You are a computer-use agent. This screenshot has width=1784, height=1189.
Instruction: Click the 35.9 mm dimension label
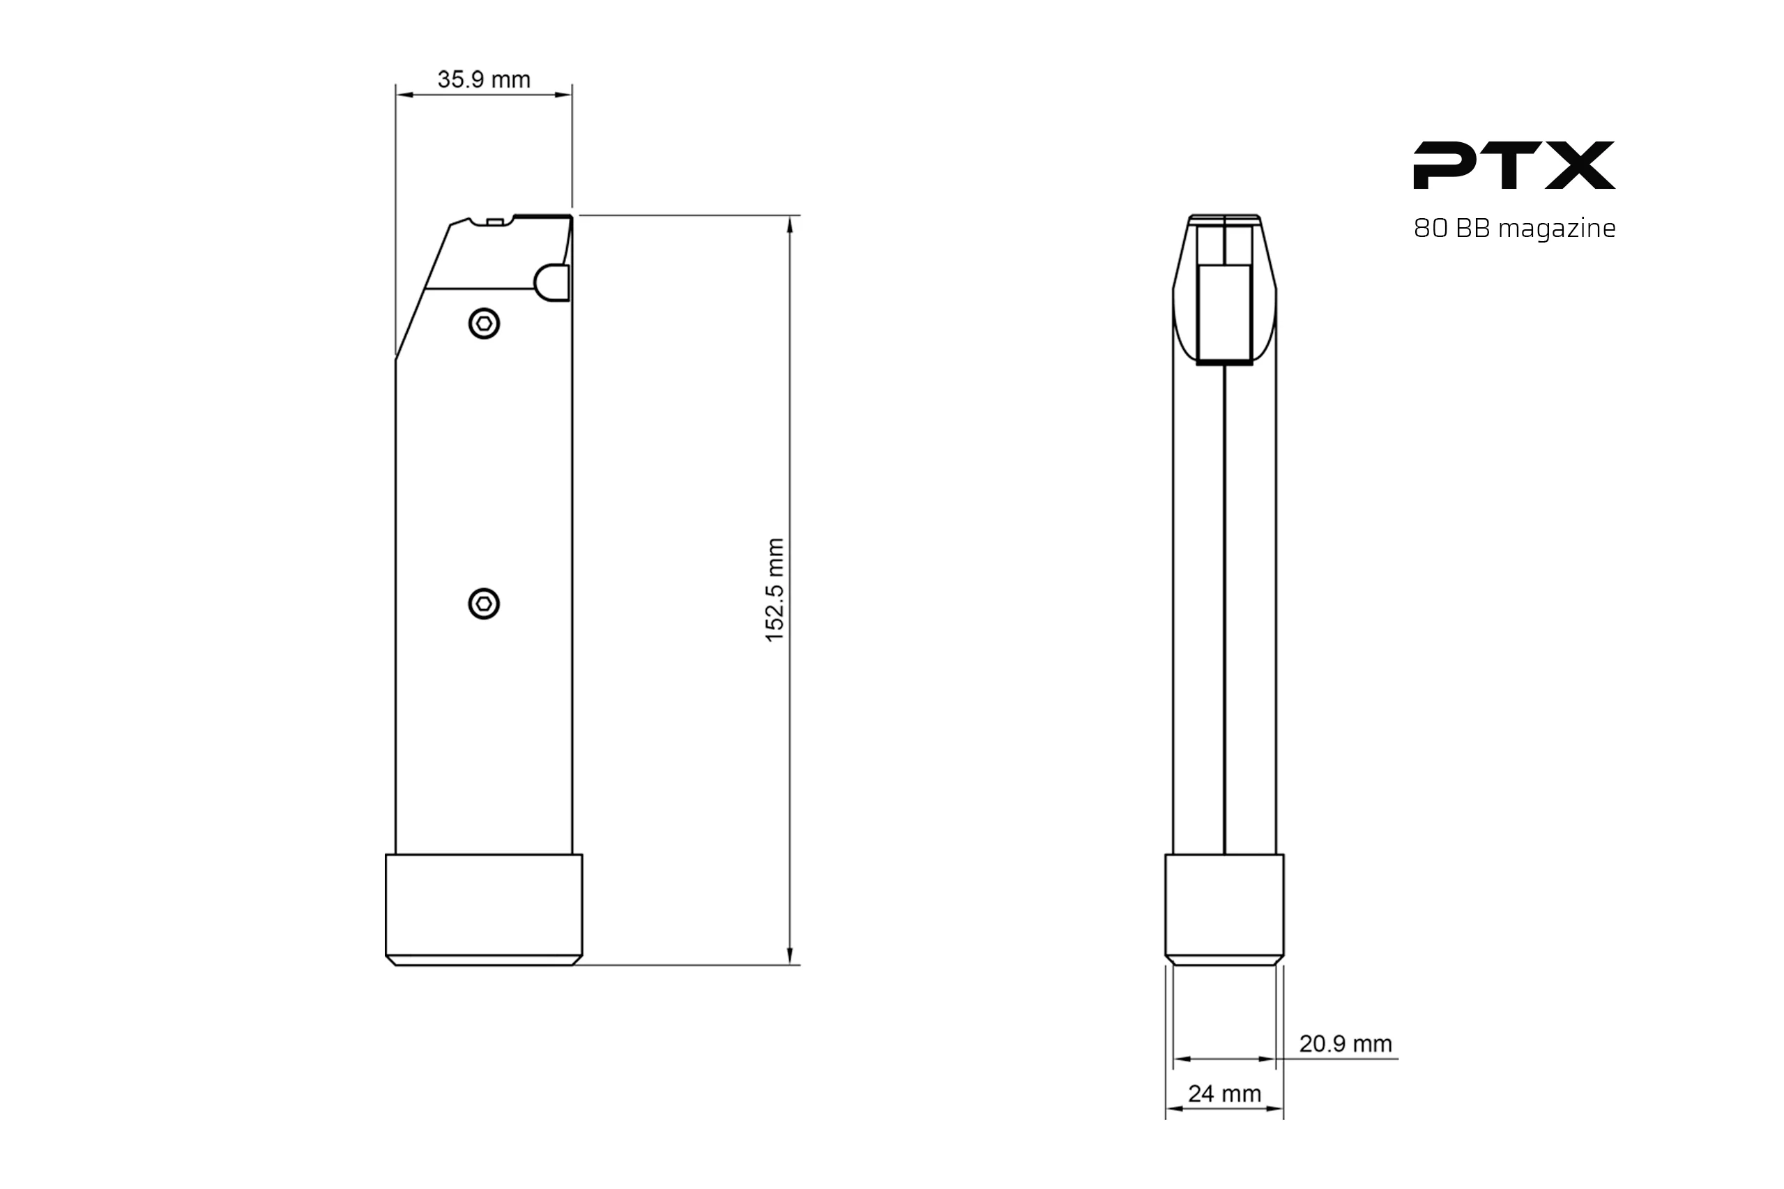(483, 79)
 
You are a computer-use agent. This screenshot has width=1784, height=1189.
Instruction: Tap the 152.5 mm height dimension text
(775, 590)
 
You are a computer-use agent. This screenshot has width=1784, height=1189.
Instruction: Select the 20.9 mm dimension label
(1345, 1044)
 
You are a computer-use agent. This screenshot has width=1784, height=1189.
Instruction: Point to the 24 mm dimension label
(1224, 1094)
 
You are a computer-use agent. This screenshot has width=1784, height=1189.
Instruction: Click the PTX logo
(1514, 165)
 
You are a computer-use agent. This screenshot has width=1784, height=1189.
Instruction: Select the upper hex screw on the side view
(484, 325)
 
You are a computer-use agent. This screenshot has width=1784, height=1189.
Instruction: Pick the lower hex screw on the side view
(484, 604)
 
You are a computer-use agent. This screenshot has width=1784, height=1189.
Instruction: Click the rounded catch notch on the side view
(552, 283)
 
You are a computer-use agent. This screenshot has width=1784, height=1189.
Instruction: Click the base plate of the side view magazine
(484, 908)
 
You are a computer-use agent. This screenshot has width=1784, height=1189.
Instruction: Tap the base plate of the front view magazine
(1224, 908)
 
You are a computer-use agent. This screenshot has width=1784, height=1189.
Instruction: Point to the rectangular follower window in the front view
(1224, 314)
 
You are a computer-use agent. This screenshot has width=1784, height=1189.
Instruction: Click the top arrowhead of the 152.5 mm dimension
(790, 224)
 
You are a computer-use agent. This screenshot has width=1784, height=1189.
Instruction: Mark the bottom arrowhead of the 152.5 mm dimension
(790, 956)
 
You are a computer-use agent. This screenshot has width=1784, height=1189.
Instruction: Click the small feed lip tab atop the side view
(494, 222)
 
